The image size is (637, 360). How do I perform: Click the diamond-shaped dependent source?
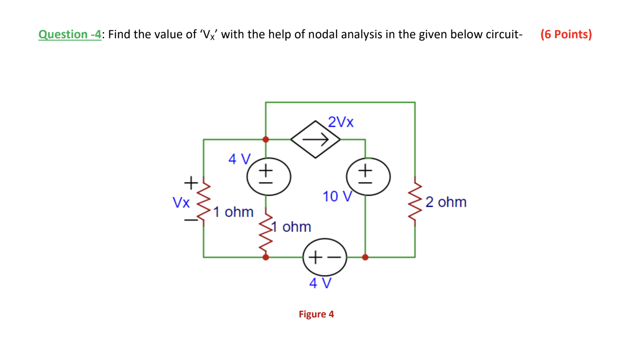point(315,140)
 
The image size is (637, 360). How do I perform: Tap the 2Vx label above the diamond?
point(341,122)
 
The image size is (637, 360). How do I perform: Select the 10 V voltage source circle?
point(368,177)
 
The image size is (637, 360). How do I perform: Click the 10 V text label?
point(337,197)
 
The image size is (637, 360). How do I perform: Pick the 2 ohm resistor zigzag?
point(415,202)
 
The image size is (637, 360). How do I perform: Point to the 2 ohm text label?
point(446,202)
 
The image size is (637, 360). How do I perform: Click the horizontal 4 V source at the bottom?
point(325,257)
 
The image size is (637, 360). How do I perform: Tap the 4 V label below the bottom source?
point(320,283)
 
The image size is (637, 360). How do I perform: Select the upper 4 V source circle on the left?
point(269,177)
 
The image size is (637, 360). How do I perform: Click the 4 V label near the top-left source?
point(239,159)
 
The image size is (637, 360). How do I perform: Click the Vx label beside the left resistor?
point(181,202)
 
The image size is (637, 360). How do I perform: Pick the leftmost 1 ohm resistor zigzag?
point(203,202)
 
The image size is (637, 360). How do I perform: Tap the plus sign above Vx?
point(191,182)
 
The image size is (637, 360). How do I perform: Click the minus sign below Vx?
point(191,220)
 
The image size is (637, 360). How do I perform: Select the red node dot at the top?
point(266,140)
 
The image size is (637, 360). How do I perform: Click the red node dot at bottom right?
point(365,257)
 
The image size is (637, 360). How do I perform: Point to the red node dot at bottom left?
point(266,257)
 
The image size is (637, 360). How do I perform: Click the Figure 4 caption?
point(316,314)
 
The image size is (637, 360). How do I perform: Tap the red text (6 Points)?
point(566,34)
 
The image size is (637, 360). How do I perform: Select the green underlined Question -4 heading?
point(70,34)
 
